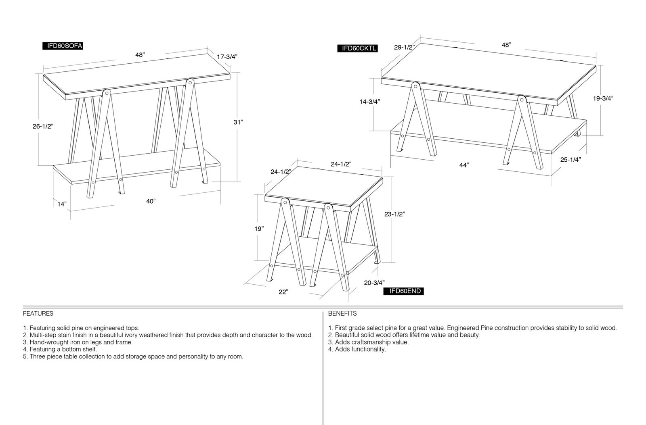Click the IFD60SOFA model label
[63, 46]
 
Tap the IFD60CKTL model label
[358, 48]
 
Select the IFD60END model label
[403, 291]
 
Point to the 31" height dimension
[238, 122]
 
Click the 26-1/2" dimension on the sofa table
[43, 126]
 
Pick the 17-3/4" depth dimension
[227, 57]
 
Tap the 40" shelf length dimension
[151, 201]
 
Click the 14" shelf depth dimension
[62, 204]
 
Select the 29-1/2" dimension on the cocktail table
[405, 47]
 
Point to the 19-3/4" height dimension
[603, 98]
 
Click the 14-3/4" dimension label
[370, 102]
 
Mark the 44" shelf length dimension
[464, 165]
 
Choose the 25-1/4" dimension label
[570, 160]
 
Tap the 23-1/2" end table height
[394, 214]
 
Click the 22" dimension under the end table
[283, 292]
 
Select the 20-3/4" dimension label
[374, 283]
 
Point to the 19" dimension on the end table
[259, 229]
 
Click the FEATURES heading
[38, 314]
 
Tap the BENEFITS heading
[342, 314]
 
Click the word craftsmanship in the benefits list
[370, 342]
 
